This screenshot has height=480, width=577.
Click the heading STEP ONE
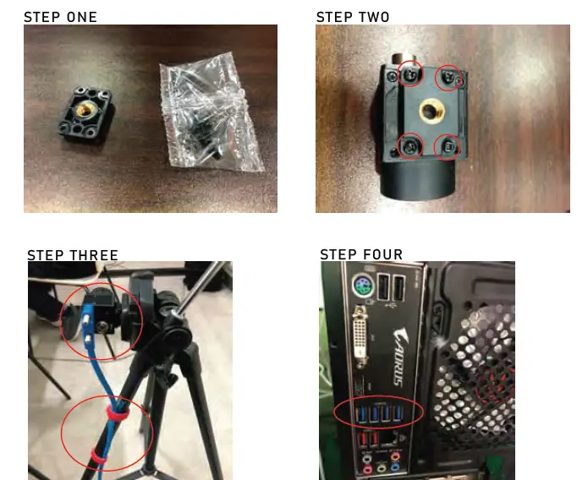(60, 17)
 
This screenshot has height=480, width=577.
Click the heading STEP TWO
(353, 17)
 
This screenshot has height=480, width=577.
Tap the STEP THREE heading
(73, 255)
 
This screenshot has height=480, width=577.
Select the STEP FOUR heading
(361, 255)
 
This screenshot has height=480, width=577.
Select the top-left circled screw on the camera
(410, 74)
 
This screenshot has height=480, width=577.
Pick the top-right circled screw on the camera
(448, 79)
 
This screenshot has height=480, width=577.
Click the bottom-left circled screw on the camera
(410, 146)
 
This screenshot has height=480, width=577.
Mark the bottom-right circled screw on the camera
(448, 148)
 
